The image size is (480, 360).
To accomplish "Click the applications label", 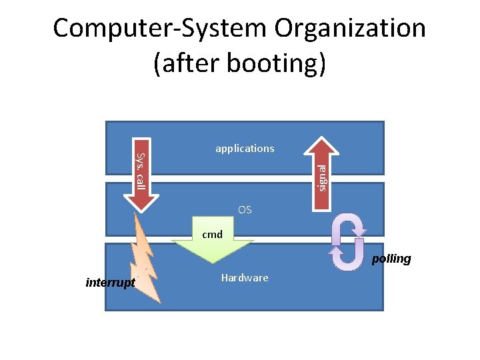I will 245,149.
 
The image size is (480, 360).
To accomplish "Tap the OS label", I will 245,209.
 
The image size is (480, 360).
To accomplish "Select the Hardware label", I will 245,278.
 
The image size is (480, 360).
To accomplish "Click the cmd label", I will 212,235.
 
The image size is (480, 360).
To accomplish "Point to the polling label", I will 391,259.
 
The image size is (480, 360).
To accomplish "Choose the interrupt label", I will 111,283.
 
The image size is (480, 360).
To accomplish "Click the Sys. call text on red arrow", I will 140,170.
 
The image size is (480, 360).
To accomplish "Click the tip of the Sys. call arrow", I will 141,212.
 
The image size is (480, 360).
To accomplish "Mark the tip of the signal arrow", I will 321,137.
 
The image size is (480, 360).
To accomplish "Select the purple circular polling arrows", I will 348,242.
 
